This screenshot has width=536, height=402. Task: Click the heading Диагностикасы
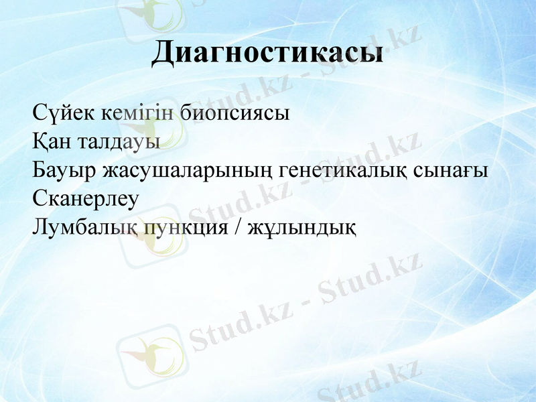267,53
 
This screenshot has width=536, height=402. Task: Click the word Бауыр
64,170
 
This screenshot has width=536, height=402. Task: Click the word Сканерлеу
85,199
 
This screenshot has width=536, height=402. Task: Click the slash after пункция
238,228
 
